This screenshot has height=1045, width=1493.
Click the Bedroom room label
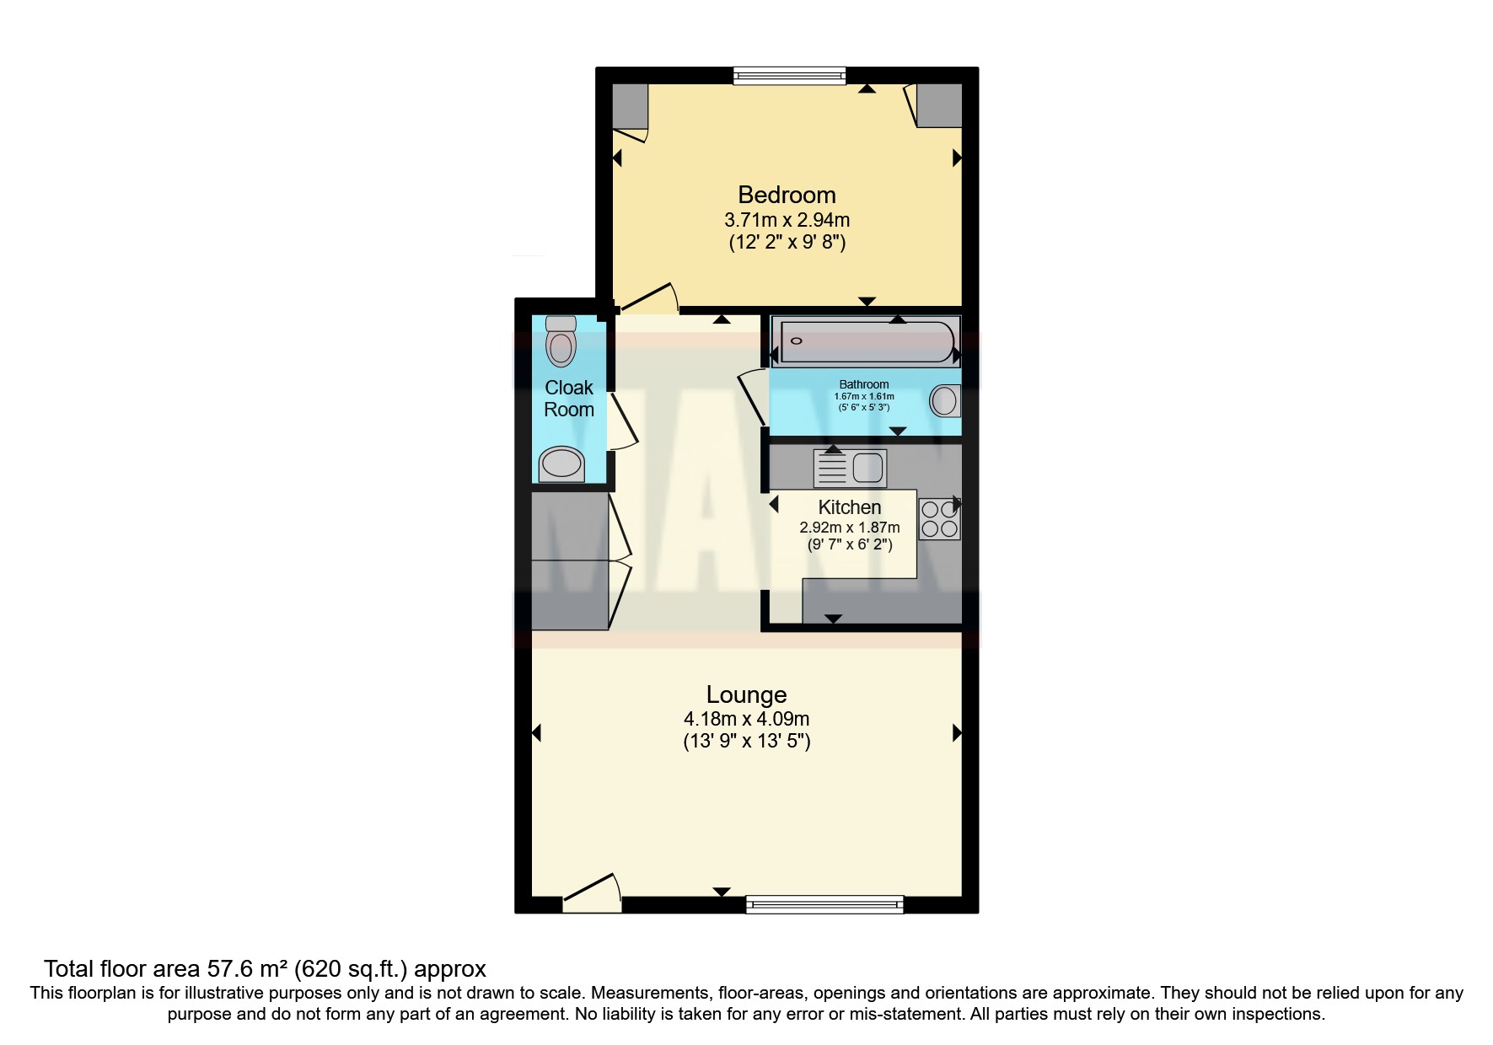click(x=787, y=195)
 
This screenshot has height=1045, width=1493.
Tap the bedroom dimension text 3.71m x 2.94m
click(x=787, y=221)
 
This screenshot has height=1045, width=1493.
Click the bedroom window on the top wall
click(x=789, y=76)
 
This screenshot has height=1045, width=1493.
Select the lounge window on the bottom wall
click(x=824, y=905)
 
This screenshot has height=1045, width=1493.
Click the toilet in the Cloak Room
click(x=561, y=340)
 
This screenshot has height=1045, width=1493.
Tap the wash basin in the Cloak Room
click(x=561, y=464)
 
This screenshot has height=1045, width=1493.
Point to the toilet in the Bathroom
click(x=945, y=401)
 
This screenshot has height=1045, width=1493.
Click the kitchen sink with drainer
click(x=850, y=469)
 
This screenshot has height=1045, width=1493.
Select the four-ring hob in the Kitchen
click(x=939, y=519)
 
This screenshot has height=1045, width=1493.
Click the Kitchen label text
click(x=850, y=507)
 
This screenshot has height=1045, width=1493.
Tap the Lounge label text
click(x=746, y=694)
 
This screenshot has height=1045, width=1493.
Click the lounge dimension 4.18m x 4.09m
click(x=746, y=720)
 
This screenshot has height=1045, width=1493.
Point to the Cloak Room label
click(x=568, y=399)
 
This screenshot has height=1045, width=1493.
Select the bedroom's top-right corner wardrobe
click(x=938, y=105)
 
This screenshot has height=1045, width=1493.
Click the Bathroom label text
click(x=864, y=384)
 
